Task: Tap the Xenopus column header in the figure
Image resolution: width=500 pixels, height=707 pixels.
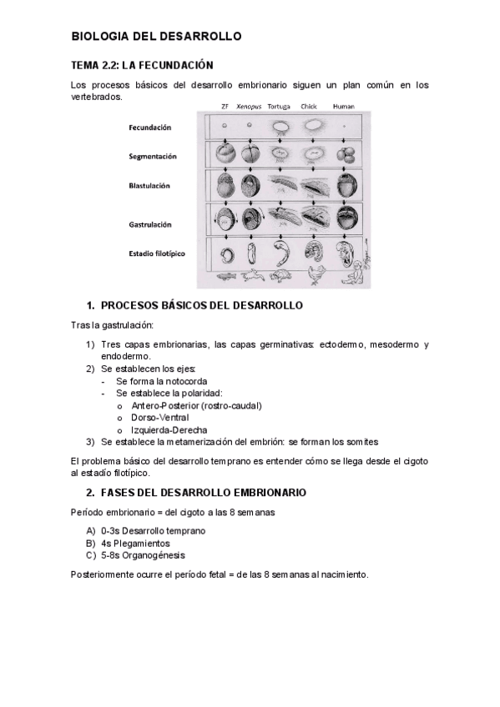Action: click(x=249, y=107)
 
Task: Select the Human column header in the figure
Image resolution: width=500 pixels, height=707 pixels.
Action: click(x=343, y=107)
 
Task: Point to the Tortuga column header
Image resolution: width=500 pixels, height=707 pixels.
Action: click(x=280, y=107)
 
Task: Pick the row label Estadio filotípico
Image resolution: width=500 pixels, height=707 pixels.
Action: click(x=157, y=253)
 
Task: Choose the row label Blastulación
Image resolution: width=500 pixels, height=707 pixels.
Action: click(x=149, y=186)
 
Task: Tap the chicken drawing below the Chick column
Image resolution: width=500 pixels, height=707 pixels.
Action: click(x=316, y=274)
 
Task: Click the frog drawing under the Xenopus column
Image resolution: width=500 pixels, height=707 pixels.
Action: click(x=250, y=275)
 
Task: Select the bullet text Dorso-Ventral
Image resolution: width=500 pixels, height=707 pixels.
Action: click(x=159, y=417)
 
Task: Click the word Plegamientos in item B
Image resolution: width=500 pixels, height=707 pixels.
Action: click(x=140, y=543)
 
